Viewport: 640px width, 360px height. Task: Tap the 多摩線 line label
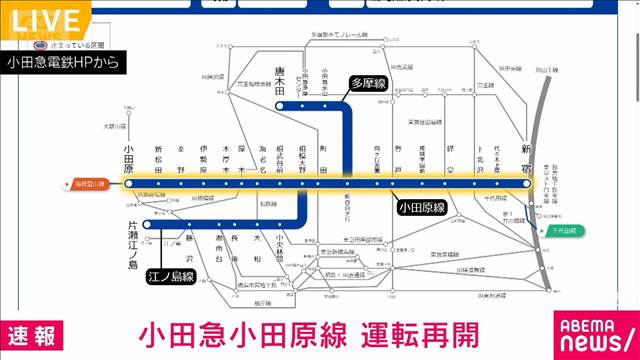point(366,85)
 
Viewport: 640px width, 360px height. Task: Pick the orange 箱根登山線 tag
point(91,184)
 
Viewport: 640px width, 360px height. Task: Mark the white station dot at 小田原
point(129,184)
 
